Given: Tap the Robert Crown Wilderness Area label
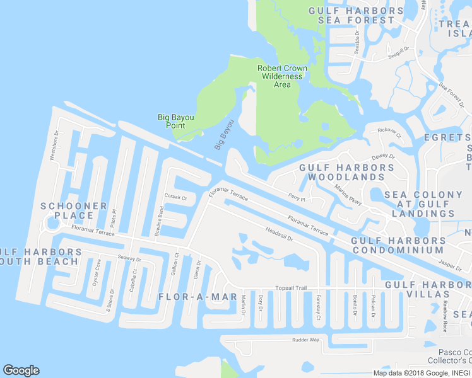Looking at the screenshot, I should [282, 76].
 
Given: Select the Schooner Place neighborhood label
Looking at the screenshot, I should [74, 210].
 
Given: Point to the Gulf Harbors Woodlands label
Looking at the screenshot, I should [346, 173].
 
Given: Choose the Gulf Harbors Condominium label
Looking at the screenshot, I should [398, 245].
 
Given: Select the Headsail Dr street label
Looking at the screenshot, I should [280, 234].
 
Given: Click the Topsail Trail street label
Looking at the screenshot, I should [290, 288].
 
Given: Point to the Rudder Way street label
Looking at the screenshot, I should [305, 340].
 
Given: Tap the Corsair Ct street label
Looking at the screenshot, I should [175, 197].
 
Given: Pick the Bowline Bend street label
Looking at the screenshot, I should [160, 221].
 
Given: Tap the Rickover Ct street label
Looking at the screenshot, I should [389, 132].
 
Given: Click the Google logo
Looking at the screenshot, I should [21, 370].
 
